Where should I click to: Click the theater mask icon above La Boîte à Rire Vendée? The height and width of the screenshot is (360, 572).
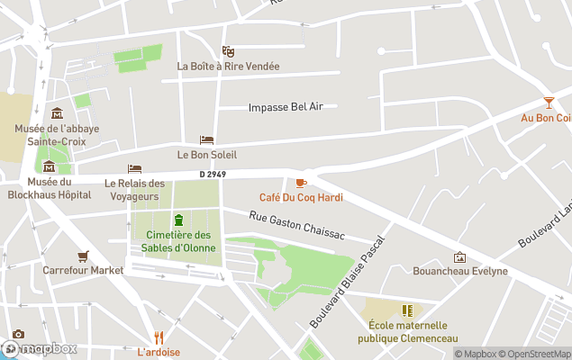tap(228, 51)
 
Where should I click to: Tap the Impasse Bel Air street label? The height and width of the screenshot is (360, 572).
tap(286, 107)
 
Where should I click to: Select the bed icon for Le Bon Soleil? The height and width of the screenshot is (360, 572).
tap(206, 140)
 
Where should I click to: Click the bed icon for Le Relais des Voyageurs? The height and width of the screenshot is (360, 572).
tap(134, 169)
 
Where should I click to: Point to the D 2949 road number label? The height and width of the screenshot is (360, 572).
tap(213, 175)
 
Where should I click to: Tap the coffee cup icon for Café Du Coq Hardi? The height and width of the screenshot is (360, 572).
tap(301, 183)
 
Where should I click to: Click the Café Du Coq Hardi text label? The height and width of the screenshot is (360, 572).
tap(301, 197)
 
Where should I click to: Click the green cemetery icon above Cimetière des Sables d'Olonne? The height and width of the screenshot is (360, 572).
tap(178, 220)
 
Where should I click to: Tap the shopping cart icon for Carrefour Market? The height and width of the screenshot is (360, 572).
tap(83, 256)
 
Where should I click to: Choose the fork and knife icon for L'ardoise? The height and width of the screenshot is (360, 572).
tap(159, 337)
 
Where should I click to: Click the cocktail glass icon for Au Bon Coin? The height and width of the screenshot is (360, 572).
tap(549, 103)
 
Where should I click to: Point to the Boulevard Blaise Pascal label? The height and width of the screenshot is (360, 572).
tap(347, 282)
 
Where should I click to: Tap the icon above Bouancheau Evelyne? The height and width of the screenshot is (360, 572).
tap(459, 256)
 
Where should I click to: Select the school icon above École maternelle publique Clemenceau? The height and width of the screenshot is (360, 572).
tap(406, 310)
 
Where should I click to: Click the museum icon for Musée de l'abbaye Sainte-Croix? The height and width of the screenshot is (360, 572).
tap(57, 113)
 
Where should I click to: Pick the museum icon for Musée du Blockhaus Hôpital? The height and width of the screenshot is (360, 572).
tap(49, 166)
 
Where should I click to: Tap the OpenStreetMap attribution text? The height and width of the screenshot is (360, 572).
tap(535, 354)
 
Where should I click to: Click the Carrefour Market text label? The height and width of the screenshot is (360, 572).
tap(83, 270)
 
